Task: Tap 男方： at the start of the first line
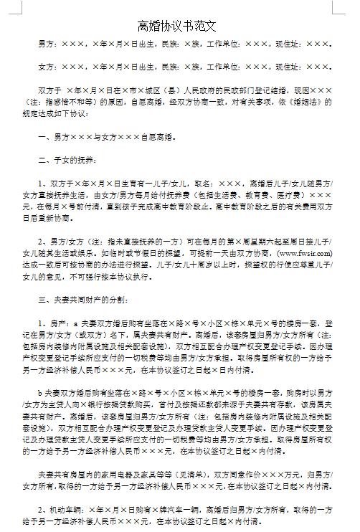tap(47, 44)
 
